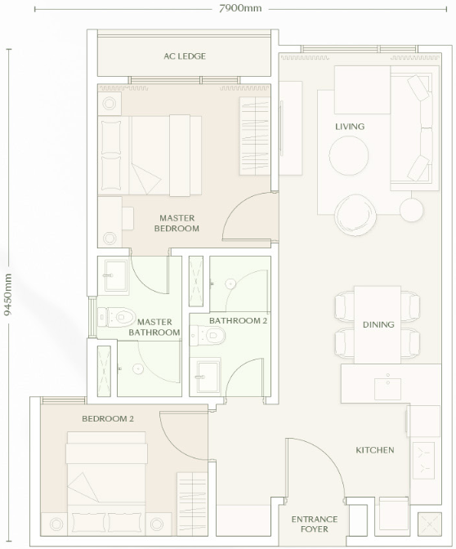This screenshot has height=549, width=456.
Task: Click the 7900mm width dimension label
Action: (x=240, y=8)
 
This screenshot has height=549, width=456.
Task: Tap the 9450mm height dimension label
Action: (x=7, y=294)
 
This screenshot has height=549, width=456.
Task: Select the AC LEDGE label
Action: (x=185, y=56)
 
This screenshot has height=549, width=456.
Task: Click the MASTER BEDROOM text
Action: (x=177, y=223)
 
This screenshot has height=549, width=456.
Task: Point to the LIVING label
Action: (x=350, y=127)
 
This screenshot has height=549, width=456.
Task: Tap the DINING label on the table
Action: (x=378, y=324)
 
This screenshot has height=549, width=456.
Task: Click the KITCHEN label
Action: (x=375, y=450)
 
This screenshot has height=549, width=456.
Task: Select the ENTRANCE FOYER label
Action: (x=315, y=524)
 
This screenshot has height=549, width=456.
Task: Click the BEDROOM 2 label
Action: (x=108, y=419)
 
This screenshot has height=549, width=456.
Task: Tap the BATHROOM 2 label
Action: (x=238, y=321)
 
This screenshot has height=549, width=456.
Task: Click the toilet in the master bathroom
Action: (x=116, y=317)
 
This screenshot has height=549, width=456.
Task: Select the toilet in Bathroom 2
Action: (x=208, y=336)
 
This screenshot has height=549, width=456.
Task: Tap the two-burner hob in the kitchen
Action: (x=424, y=460)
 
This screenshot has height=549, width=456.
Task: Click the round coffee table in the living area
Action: (x=348, y=155)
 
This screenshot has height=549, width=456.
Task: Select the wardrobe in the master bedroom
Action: (x=255, y=136)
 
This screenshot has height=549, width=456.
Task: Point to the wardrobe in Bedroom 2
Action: (x=192, y=504)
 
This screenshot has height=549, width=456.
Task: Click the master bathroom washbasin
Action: (x=115, y=275)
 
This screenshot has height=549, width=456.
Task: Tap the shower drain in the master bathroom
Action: (x=138, y=368)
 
